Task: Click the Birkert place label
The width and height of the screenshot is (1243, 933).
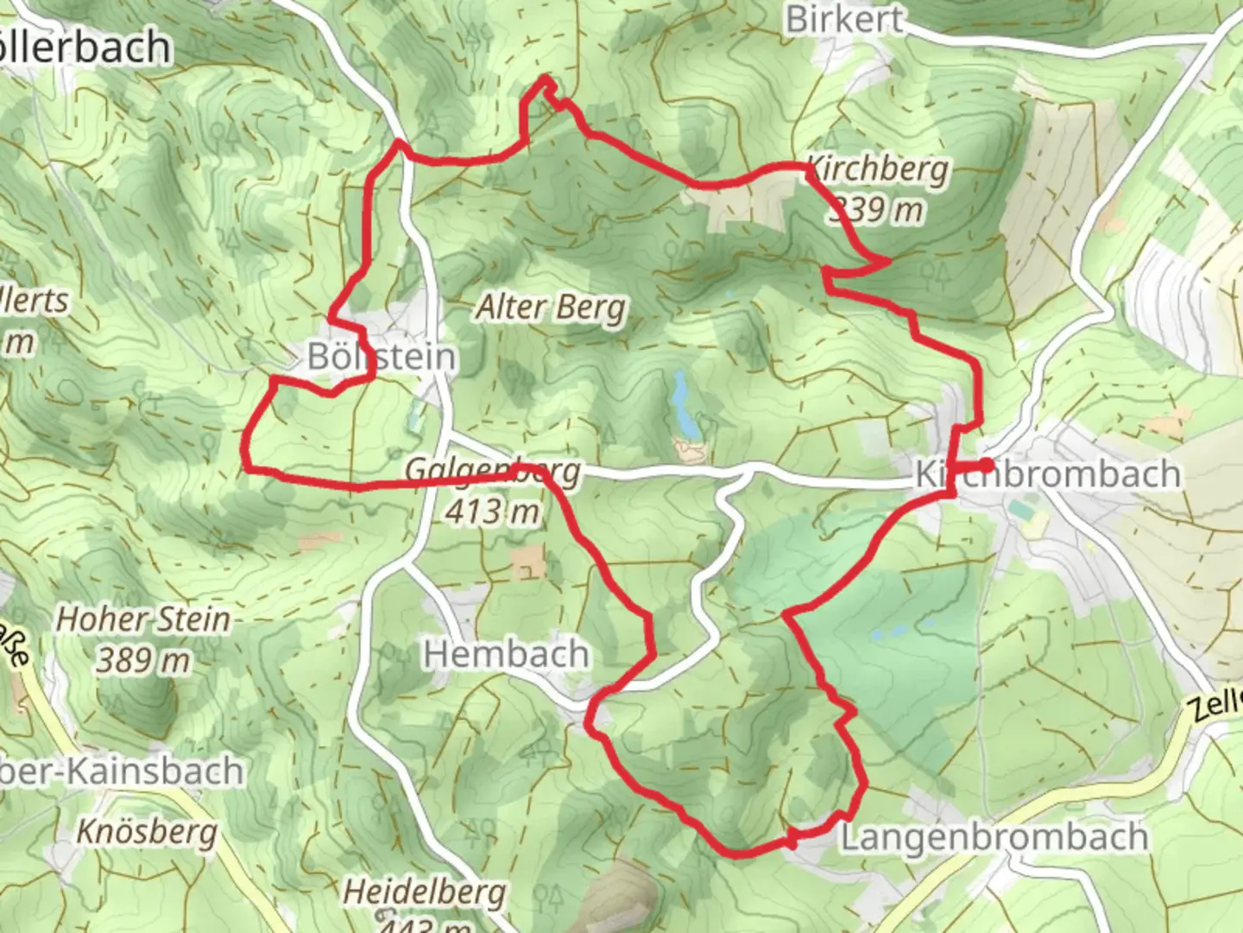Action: [844, 19]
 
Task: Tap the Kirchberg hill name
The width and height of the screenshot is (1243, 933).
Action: [877, 169]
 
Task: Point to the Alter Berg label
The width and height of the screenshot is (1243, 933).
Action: [552, 308]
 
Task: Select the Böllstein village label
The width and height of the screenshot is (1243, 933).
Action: [382, 356]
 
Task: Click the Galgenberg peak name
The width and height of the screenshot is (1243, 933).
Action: [493, 472]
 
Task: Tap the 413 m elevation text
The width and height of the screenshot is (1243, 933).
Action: [493, 511]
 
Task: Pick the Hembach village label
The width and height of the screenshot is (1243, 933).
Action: [506, 654]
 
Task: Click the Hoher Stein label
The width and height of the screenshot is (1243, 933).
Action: [143, 619]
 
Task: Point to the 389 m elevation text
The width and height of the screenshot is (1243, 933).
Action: [143, 660]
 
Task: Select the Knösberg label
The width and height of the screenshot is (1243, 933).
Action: [147, 832]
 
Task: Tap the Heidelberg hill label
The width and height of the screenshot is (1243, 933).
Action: [425, 892]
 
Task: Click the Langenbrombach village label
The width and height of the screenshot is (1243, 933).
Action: [994, 837]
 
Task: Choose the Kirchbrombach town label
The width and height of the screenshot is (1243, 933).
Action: [1047, 474]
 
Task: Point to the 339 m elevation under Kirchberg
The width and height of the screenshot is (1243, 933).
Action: [877, 209]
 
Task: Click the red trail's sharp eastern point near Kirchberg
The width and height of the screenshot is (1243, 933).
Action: [888, 260]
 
